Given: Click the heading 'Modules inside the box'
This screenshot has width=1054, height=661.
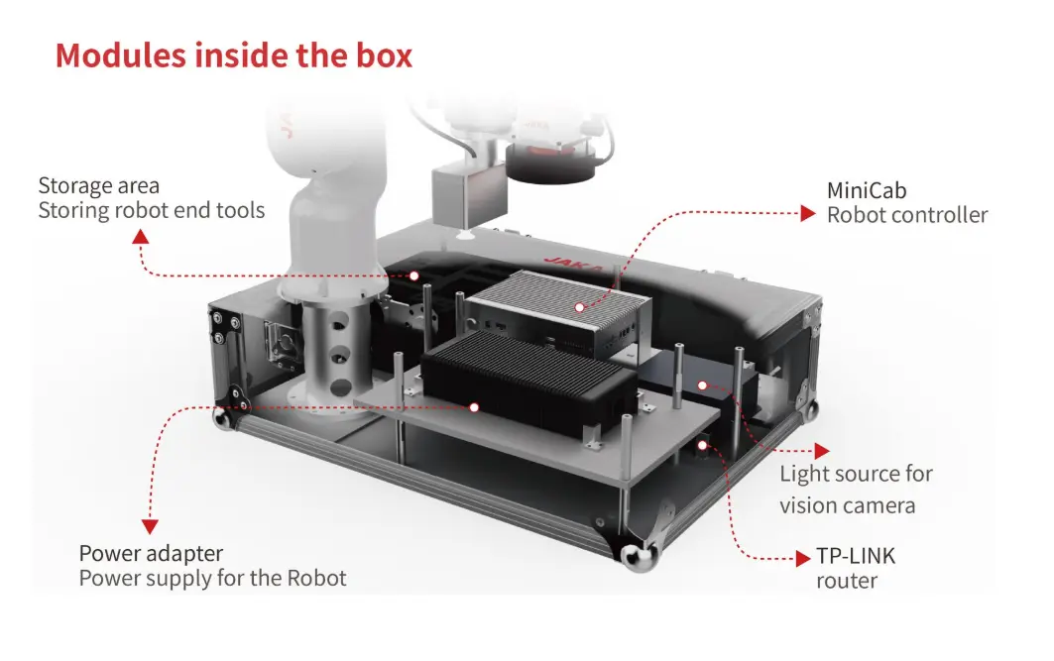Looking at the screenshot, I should point(233,55).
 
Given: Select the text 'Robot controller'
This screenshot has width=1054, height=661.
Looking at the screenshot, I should point(907,215).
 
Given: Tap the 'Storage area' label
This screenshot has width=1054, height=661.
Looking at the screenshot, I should point(98,185).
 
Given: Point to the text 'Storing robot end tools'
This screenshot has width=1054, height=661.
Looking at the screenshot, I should point(152,210).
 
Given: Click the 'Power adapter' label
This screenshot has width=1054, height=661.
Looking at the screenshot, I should point(151,553).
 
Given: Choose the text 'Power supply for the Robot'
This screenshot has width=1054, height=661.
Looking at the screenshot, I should point(212,578).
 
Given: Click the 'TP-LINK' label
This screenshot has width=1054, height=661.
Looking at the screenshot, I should point(856,556).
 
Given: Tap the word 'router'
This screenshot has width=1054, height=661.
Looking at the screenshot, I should point(847,581).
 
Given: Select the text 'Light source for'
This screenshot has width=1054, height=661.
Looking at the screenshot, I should point(856,475).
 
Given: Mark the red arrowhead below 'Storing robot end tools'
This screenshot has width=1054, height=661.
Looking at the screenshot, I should point(141,236).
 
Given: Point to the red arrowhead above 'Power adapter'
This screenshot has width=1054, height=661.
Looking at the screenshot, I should point(151,527).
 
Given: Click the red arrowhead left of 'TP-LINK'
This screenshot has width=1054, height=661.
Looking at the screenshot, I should point(804,559).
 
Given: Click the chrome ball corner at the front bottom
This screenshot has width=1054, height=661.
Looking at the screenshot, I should point(634,558).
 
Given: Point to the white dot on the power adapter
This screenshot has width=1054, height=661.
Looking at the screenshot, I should point(475,406).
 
